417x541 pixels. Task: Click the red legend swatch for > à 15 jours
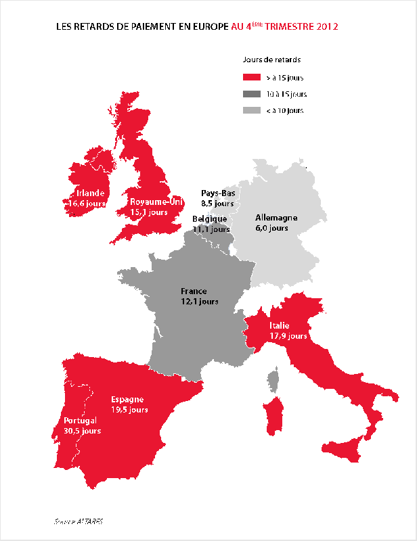click(x=252, y=78)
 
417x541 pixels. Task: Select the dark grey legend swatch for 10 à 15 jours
click(x=252, y=94)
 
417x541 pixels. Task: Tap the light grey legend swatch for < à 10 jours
click(x=252, y=110)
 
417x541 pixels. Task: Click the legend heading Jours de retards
click(x=271, y=60)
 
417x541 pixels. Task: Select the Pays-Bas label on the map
click(x=218, y=193)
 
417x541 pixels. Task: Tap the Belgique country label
click(x=209, y=219)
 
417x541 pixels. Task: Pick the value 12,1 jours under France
click(x=199, y=301)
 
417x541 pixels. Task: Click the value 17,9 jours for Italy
click(x=288, y=335)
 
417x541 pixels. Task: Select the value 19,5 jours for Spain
click(x=129, y=410)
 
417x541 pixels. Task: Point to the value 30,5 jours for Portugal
click(x=82, y=431)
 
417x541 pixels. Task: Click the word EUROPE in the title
click(x=208, y=27)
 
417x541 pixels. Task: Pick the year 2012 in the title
click(x=326, y=27)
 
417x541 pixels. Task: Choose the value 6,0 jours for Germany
click(x=271, y=228)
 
